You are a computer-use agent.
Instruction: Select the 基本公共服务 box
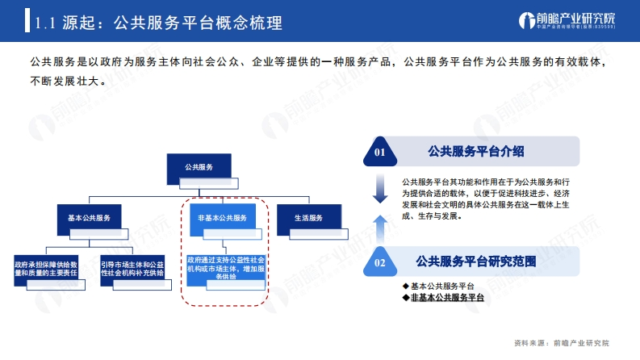pyautogui.click(x=90, y=220)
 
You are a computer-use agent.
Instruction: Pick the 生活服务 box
pyautogui.click(x=309, y=220)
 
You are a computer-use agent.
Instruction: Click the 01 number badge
pyautogui.click(x=380, y=152)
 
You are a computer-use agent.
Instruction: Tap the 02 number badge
pyautogui.click(x=380, y=262)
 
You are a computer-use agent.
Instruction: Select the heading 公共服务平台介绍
pyautogui.click(x=476, y=152)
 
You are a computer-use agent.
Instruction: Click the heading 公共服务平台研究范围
pyautogui.click(x=476, y=262)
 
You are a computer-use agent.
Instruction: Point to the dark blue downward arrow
pyautogui.click(x=380, y=189)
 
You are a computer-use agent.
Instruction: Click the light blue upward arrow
pyautogui.click(x=380, y=229)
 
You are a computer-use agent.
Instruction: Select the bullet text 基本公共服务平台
pyautogui.click(x=442, y=286)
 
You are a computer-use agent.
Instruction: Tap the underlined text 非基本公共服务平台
pyautogui.click(x=447, y=298)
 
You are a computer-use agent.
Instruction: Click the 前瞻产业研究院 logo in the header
pyautogui.click(x=567, y=20)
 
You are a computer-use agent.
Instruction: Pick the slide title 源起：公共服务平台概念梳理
pyautogui.click(x=172, y=23)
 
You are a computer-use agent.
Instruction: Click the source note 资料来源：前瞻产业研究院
pyautogui.click(x=562, y=343)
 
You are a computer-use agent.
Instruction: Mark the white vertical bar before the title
pyautogui.click(x=27, y=20)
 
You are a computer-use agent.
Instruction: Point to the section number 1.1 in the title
pyautogui.click(x=45, y=23)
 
